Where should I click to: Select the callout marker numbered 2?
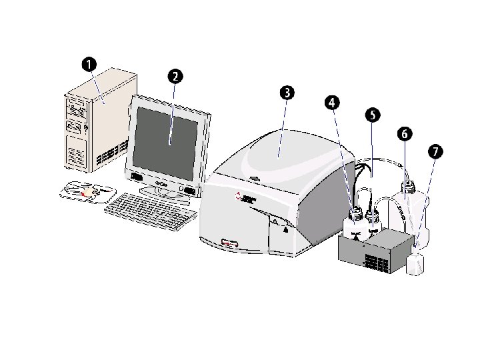click(x=174, y=76)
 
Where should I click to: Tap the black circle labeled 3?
click(x=286, y=93)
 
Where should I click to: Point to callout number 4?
click(x=332, y=103)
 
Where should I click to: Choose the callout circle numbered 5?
click(x=372, y=115)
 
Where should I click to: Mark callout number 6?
click(x=403, y=133)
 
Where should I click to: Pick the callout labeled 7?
click(x=435, y=152)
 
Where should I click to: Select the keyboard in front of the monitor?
click(x=150, y=210)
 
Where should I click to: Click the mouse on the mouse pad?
click(x=87, y=191)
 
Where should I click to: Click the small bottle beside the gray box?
click(x=415, y=261)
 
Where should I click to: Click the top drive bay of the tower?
click(x=77, y=105)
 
